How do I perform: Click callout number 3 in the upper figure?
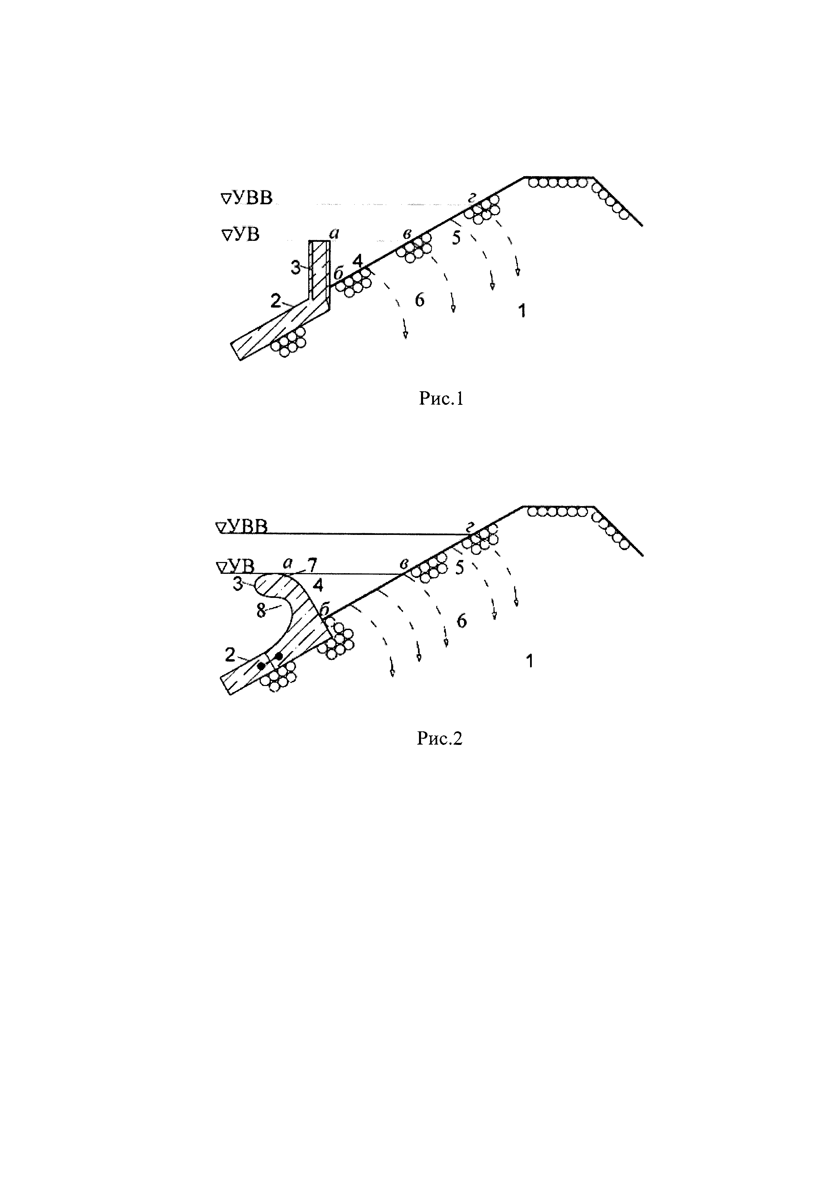295,268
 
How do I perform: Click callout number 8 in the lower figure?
261,611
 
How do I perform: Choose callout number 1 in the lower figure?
529,661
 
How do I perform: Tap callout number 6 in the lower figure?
461,620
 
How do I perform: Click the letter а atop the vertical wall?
334,234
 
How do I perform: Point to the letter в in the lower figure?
403,564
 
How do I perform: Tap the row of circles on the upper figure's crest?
557,183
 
